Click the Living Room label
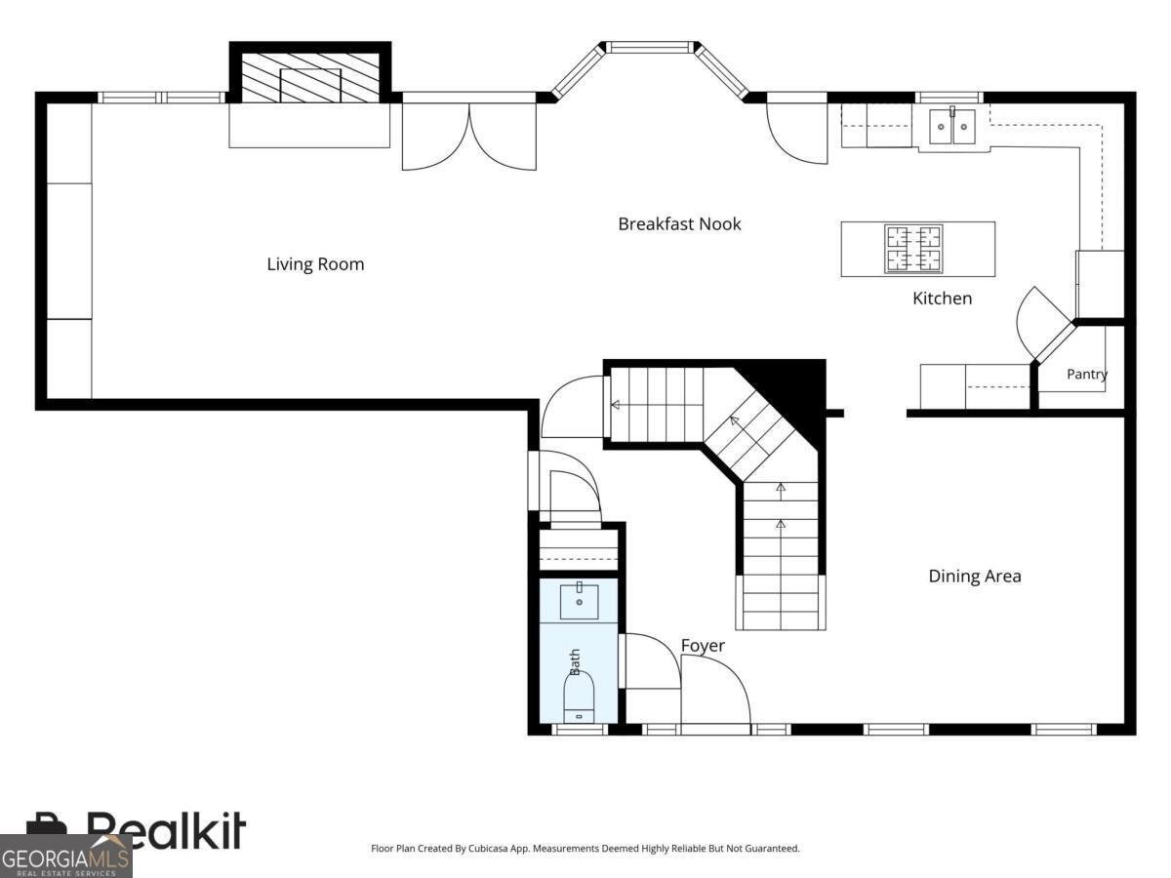[315, 264]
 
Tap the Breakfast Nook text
[679, 224]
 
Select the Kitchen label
[942, 298]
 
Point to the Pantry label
[1087, 375]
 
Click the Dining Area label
[975, 576]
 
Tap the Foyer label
[703, 646]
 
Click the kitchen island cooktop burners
[913, 249]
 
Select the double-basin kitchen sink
[952, 127]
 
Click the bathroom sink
[579, 602]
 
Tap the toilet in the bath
[579, 697]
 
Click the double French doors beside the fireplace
[469, 137]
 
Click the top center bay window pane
[648, 48]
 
